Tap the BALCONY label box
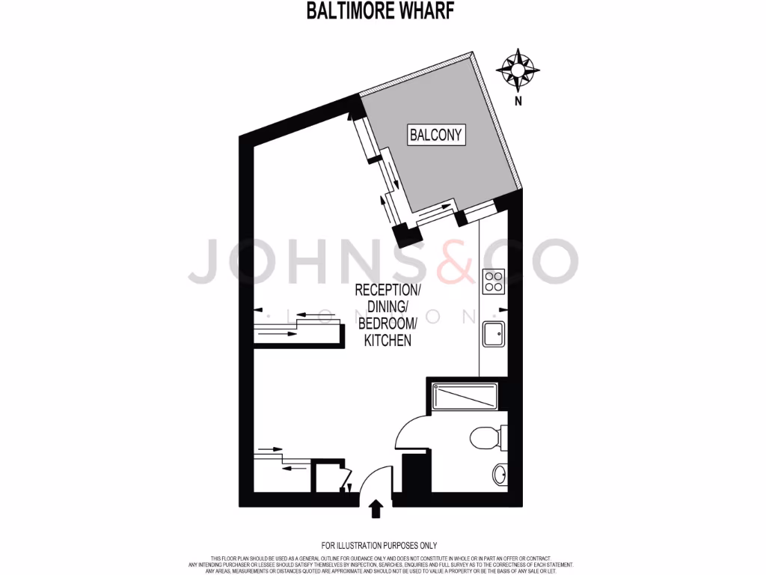(436, 135)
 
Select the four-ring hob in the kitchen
(493, 282)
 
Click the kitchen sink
(493, 333)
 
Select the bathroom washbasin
(499, 473)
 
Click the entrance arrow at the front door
(376, 510)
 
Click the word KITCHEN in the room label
(387, 341)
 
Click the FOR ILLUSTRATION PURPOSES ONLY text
(379, 546)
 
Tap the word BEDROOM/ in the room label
(387, 323)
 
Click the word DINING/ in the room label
(387, 307)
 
